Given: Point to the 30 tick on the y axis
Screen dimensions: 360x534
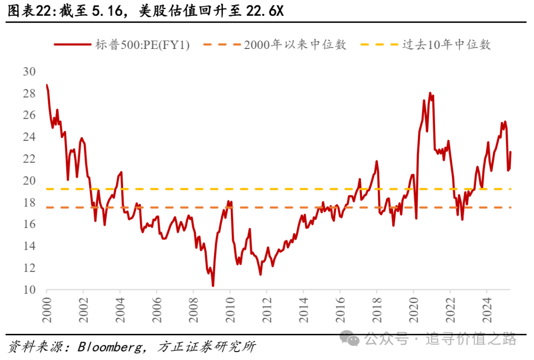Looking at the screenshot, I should [30, 71].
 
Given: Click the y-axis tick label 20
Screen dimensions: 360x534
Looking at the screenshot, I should [30, 180].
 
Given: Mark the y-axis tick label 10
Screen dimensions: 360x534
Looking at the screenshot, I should [30, 290].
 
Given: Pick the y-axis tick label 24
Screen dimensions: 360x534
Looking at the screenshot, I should [30, 137].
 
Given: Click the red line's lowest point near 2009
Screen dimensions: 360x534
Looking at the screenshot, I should [213, 285].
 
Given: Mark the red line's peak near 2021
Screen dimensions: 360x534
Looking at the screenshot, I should [430, 93].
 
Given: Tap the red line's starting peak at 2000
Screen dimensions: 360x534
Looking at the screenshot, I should [47, 86].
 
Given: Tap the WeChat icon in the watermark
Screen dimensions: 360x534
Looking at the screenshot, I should [353, 339].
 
